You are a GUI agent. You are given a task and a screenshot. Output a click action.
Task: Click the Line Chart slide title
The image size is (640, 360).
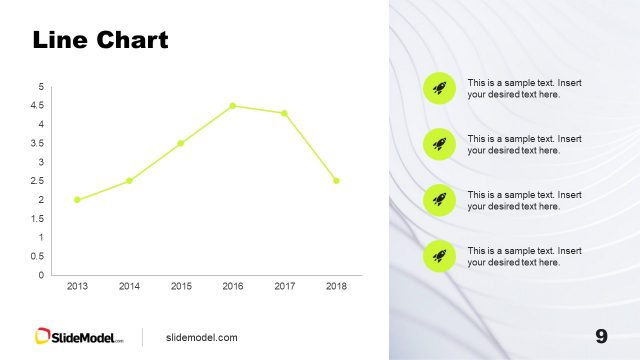pos(100,41)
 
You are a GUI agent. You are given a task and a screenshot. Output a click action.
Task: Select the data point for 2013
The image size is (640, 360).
pos(77,200)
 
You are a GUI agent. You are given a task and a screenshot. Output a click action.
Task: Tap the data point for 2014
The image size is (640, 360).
pos(129,181)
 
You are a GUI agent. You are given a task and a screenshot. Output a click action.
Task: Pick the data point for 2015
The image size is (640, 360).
pos(181,143)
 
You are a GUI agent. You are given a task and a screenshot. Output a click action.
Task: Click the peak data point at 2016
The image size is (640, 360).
pos(233,106)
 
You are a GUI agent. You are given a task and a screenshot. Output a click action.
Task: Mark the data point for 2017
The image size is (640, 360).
pos(285,113)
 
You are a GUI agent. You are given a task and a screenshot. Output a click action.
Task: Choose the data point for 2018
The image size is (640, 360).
pos(336,181)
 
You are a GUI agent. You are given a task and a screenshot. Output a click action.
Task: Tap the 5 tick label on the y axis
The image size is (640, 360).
pos(40,87)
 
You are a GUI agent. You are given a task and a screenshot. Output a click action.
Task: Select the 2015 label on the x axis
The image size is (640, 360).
pos(181,287)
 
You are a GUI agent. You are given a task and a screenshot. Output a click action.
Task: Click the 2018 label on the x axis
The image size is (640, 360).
pos(336,287)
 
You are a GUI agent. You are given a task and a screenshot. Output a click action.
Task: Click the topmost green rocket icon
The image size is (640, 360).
pos(439,88)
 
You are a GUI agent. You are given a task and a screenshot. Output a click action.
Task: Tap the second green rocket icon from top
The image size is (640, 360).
pos(439,144)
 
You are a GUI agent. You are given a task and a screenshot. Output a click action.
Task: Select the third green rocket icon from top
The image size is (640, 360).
pos(439,200)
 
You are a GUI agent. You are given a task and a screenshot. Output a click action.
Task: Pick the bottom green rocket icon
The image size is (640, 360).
pos(439,256)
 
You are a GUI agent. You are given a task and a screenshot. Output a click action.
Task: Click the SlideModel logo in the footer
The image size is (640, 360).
pos(79,337)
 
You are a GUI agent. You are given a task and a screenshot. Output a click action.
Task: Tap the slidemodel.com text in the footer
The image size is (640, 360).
pos(201,338)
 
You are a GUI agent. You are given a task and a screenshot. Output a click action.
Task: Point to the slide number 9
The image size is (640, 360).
pos(601,336)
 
